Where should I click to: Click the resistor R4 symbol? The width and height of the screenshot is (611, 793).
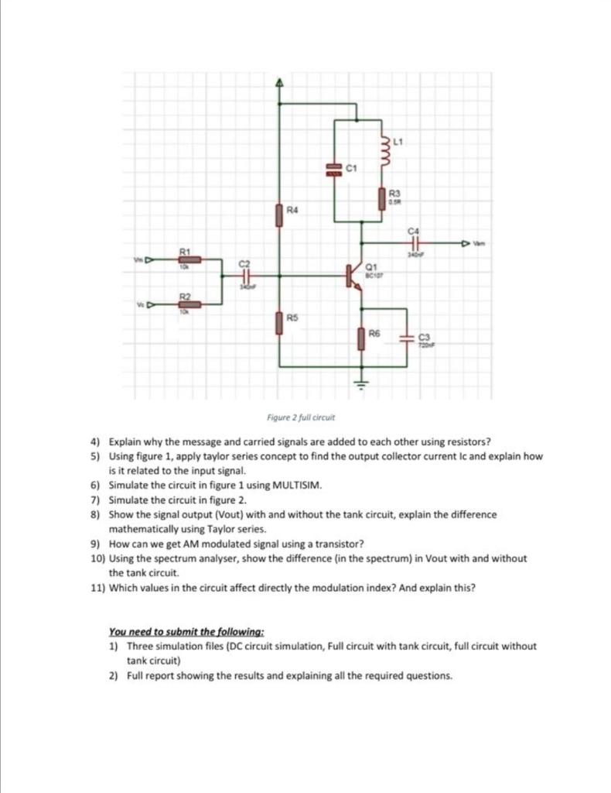click(x=279, y=214)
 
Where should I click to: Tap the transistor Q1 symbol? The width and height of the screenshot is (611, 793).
click(x=355, y=276)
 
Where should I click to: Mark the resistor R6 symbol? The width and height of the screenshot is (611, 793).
click(x=360, y=338)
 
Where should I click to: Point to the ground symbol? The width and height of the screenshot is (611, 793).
click(x=360, y=382)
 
